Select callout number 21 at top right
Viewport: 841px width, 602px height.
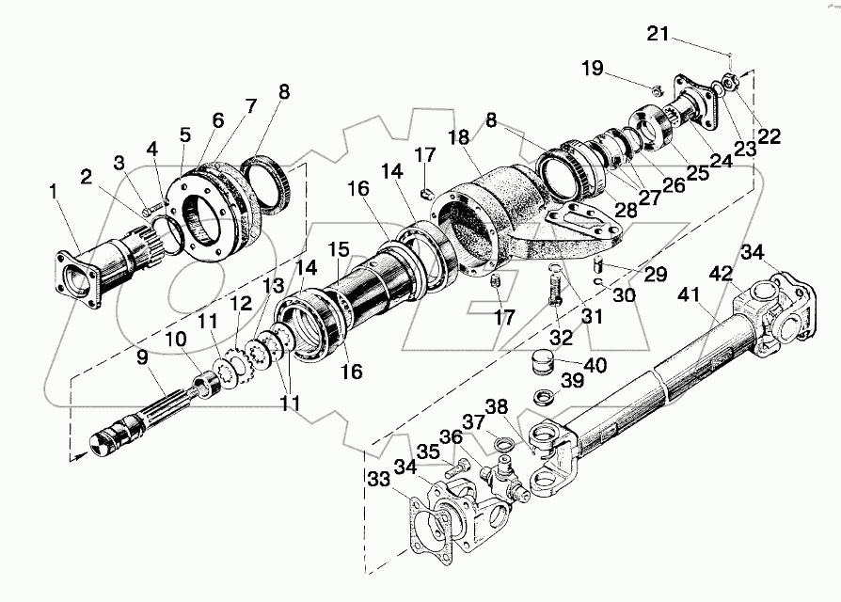(659, 35)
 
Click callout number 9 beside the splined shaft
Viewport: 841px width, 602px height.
(141, 357)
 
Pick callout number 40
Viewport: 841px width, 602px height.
(595, 365)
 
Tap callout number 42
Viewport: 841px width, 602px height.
(722, 274)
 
